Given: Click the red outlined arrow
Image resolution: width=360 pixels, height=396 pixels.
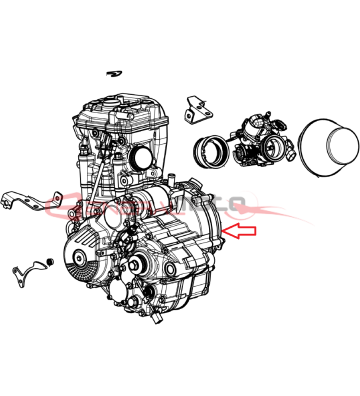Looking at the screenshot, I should coord(242,232).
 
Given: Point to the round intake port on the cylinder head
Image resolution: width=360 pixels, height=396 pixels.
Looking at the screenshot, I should coord(138,159).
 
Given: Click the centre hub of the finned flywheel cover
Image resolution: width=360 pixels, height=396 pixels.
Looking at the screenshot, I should coord(80,258).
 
